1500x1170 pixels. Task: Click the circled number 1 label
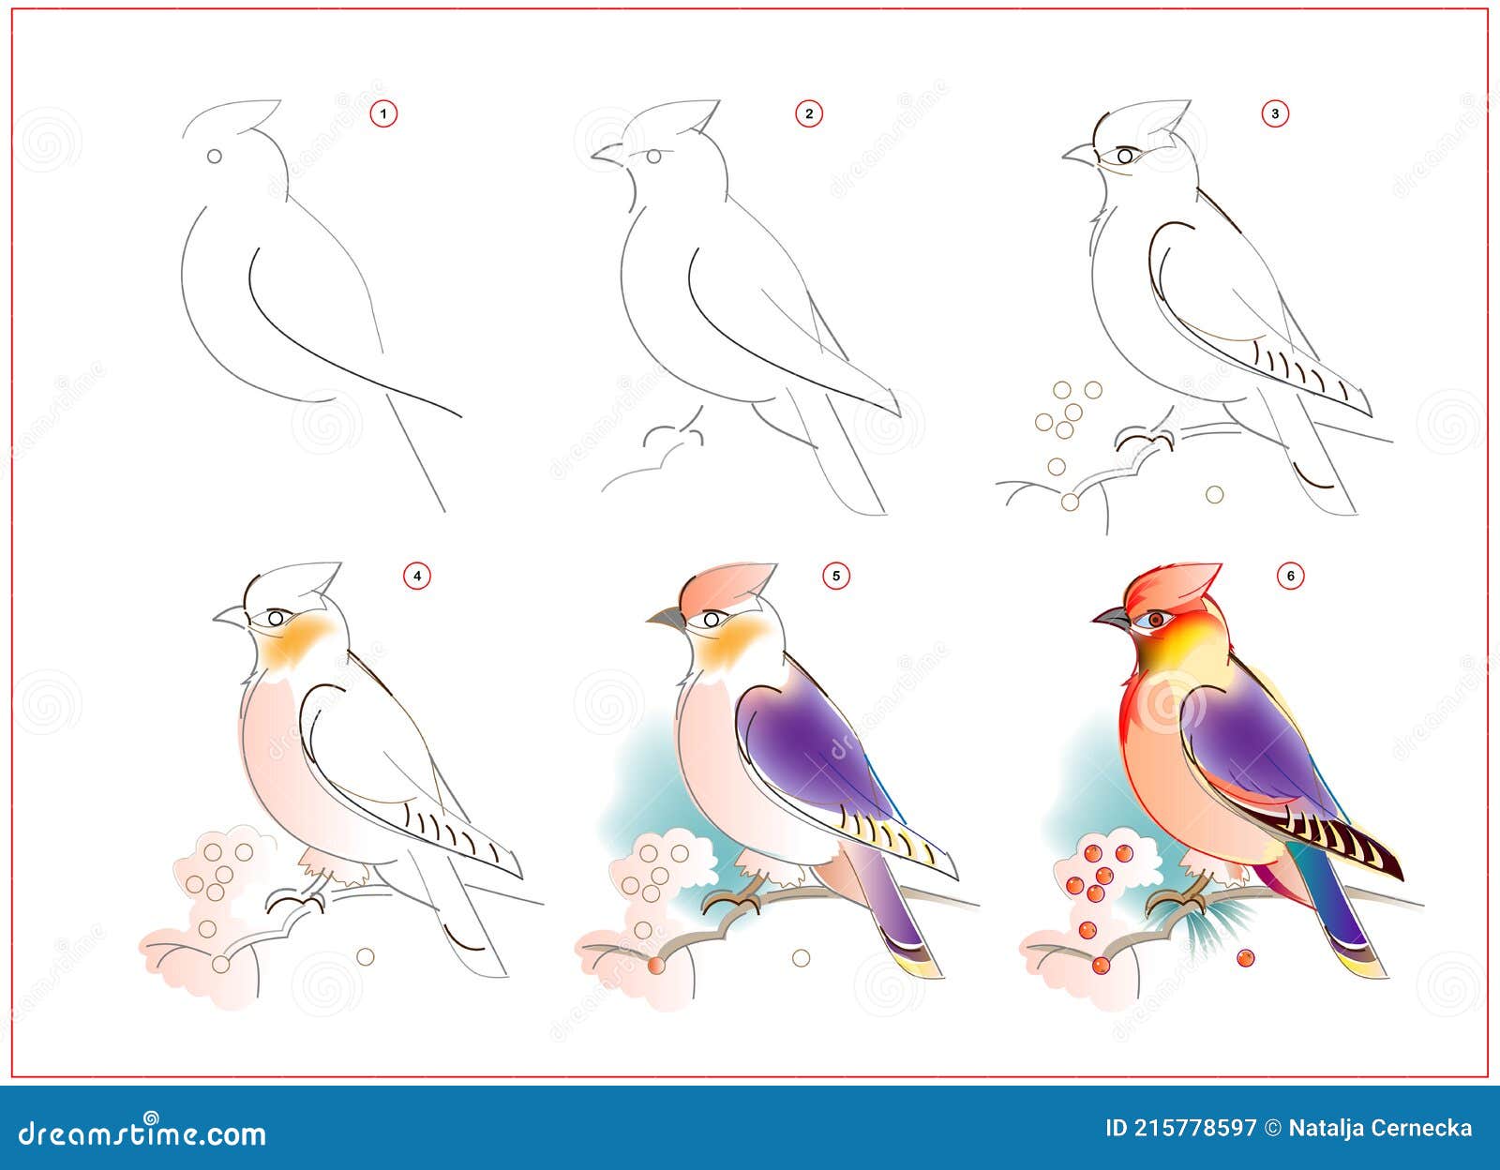[383, 113]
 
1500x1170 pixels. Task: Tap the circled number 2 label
[808, 113]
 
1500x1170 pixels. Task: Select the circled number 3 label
[1275, 113]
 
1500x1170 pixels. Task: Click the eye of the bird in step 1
[214, 156]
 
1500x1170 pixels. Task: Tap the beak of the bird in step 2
[608, 155]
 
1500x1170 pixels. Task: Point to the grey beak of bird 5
[667, 617]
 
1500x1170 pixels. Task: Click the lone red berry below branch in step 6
[1245, 958]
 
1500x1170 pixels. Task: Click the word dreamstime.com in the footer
[142, 1133]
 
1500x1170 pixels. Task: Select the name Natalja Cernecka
[1380, 1128]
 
